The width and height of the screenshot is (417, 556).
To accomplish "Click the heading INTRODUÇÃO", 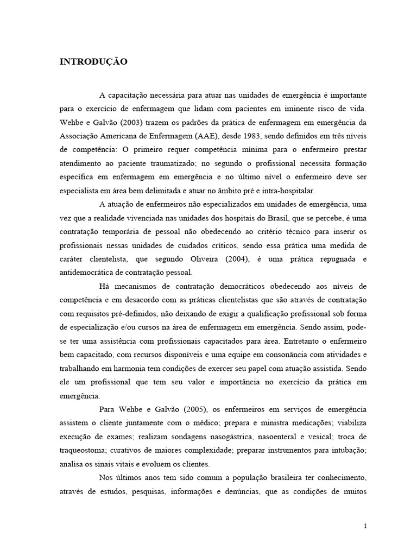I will [x=93, y=62].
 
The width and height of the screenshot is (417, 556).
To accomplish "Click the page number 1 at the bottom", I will [x=365, y=526].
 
